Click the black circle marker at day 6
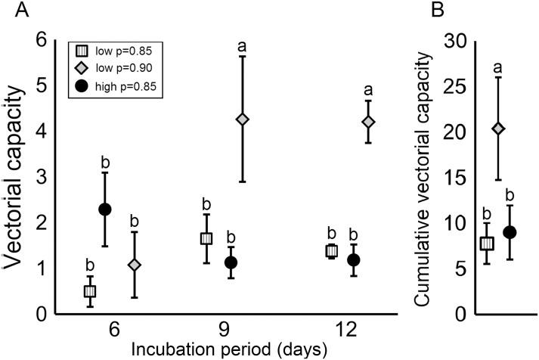click(x=105, y=209)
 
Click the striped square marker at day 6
click(x=89, y=291)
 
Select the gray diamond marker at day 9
click(x=243, y=119)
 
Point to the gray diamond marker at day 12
click(x=369, y=122)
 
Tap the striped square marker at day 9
click(x=206, y=238)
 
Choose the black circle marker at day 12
click(x=333, y=260)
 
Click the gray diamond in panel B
click(x=498, y=129)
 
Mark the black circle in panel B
click(x=510, y=232)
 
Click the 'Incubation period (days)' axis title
click(x=230, y=349)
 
